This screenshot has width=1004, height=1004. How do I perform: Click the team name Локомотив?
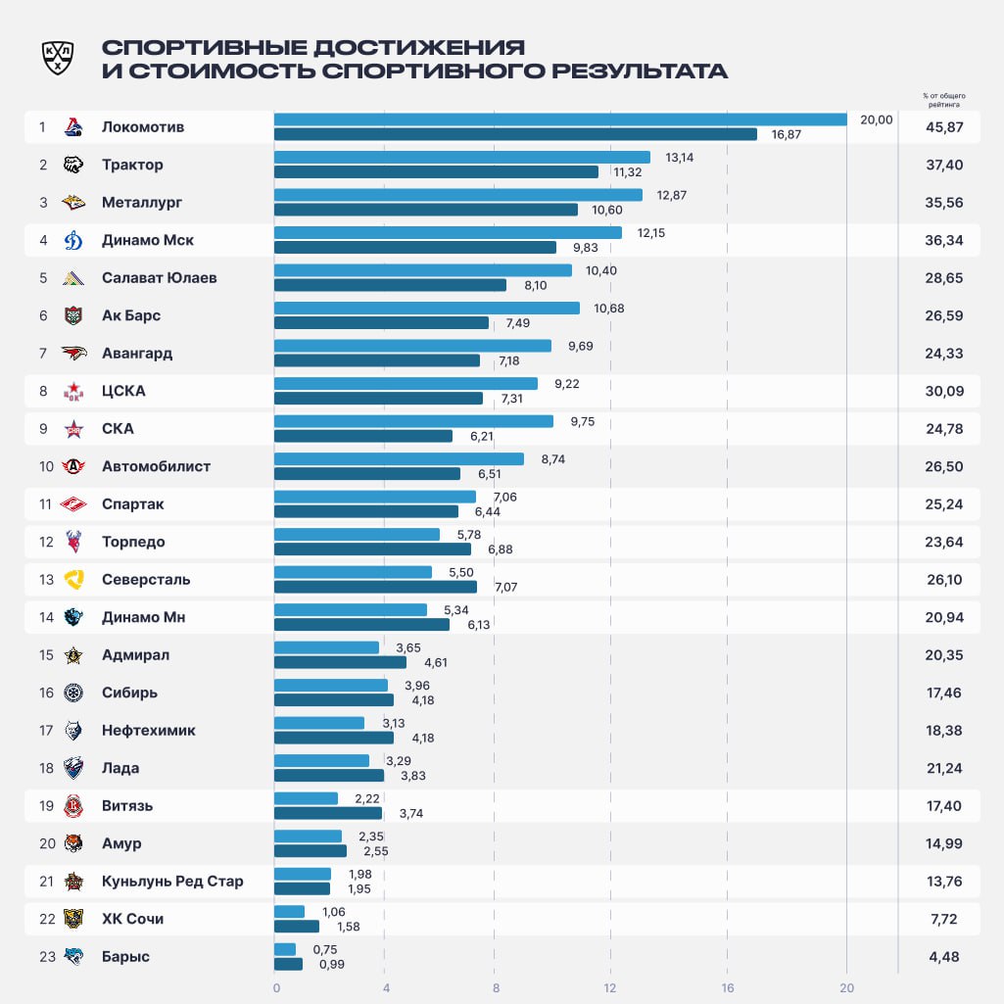coord(143,127)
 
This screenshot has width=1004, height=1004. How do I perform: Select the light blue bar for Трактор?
coord(461,157)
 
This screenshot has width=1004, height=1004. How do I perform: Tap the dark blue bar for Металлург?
coord(425,210)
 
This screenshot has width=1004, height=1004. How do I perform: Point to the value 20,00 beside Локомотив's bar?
coord(876,120)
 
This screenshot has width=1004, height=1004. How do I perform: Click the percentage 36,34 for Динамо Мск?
coord(944,240)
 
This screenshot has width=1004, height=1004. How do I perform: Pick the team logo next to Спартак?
coord(73,504)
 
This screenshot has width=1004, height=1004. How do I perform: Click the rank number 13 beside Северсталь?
coord(46,580)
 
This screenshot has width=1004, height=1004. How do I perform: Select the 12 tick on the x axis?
coord(610,987)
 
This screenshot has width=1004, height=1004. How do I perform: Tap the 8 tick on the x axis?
coord(497,987)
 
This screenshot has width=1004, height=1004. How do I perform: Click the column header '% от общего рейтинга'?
coord(943,99)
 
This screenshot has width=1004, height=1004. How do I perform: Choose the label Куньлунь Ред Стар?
coord(172,882)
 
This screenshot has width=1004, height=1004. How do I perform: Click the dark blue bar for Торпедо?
coord(372,550)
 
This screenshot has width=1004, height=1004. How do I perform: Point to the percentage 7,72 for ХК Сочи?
coord(944,920)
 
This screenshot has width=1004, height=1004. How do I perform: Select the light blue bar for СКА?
coord(413,421)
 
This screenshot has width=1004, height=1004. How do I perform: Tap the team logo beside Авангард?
coord(73,354)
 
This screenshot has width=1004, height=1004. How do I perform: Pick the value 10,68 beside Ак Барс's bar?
coord(608,309)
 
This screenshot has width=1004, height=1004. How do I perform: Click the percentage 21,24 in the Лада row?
coord(944,769)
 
